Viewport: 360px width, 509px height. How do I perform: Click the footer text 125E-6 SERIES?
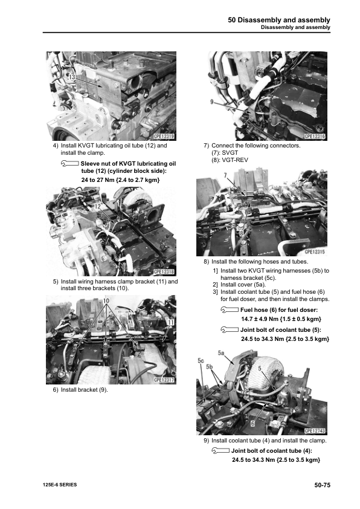(60, 485)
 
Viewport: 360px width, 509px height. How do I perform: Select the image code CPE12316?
(315, 137)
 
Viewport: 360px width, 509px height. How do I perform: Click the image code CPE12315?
(315, 251)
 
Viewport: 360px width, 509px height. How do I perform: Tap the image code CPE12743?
(315, 430)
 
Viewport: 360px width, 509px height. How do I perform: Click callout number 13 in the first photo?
(71, 77)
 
